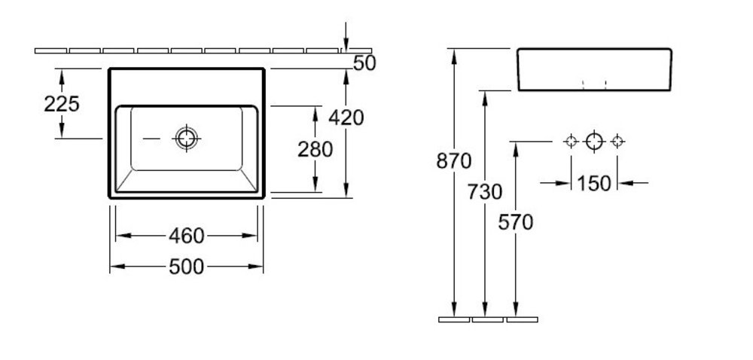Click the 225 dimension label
point(62,104)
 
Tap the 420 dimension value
point(346,117)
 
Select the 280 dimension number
point(315,149)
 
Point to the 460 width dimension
point(187,236)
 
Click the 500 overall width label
point(187,267)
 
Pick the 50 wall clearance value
point(364,63)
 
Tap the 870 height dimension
point(454,161)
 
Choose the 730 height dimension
point(484,192)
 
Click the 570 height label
point(516,222)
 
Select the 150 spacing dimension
point(594,183)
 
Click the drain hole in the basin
point(186,139)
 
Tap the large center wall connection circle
point(594,142)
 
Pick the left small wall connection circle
point(571,142)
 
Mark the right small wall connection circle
point(617,142)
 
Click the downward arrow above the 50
point(346,36)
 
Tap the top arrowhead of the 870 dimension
point(454,56)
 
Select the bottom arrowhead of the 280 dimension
point(315,185)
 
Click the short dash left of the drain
point(152,139)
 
